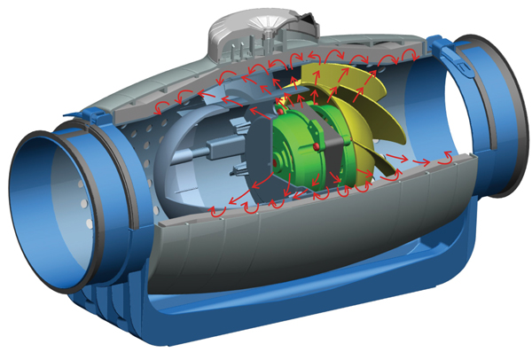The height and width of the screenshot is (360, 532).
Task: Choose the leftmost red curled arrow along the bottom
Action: (x=218, y=213)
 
